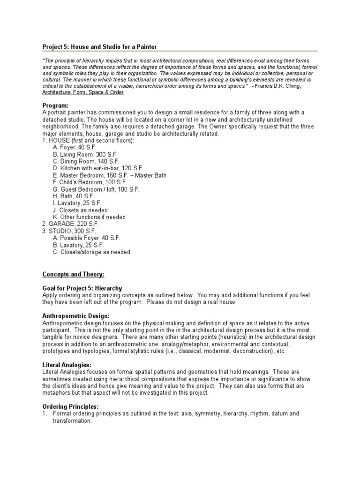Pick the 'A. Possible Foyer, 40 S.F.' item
pos(86,238)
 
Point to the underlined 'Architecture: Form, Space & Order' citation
pos(82,92)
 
